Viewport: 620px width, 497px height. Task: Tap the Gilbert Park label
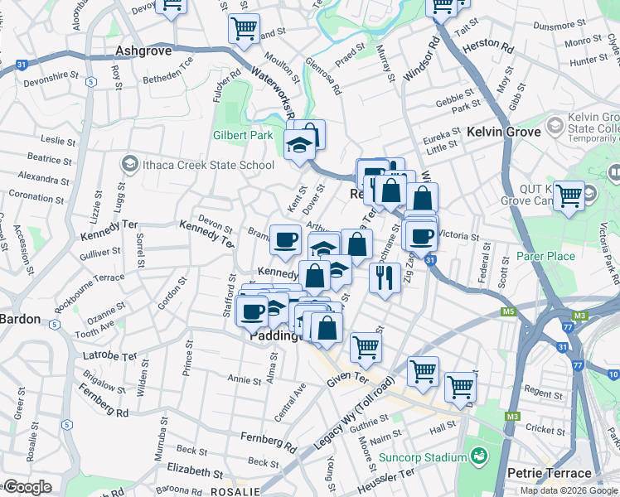[242, 135]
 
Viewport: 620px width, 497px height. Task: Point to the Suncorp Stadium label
[423, 457]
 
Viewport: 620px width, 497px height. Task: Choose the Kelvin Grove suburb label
[503, 132]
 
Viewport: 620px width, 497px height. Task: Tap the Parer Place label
[545, 256]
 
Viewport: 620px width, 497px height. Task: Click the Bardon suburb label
[20, 319]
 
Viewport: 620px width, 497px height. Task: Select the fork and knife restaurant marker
[384, 278]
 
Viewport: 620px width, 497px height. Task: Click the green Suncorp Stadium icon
[479, 456]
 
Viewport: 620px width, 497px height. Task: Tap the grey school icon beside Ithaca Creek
[128, 165]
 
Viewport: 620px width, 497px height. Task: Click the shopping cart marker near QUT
[569, 196]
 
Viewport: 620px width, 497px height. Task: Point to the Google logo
[27, 487]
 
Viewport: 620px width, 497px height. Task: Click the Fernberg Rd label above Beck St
[268, 441]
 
